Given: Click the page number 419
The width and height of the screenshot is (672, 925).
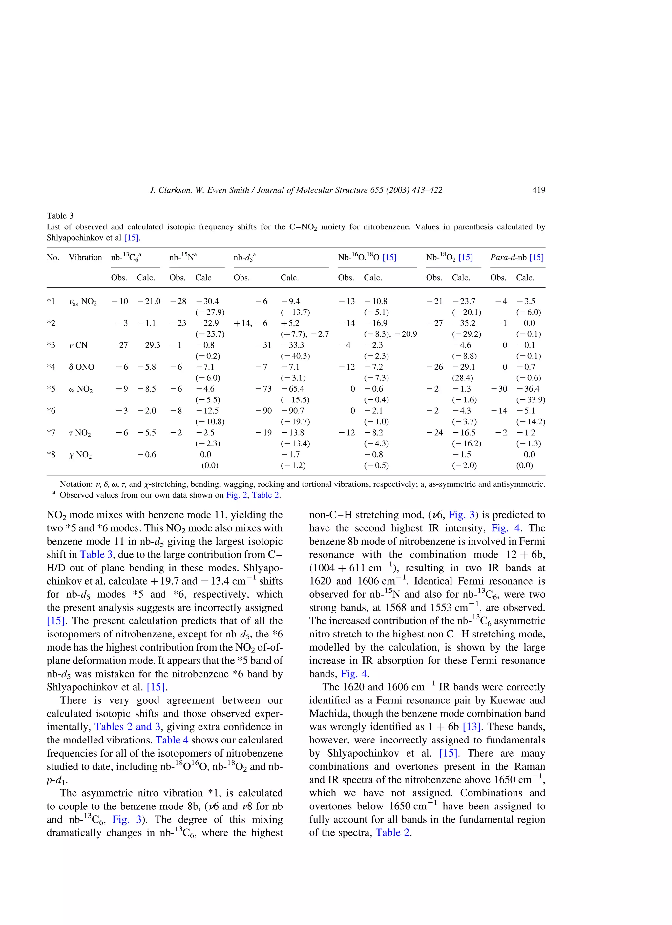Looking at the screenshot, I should pos(538,190).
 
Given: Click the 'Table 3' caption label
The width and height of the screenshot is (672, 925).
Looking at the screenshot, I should pos(60,216).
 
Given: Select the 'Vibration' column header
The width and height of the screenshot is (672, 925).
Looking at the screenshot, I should pos(85,257).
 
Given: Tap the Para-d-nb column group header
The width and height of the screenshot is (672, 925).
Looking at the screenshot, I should pos(517,257).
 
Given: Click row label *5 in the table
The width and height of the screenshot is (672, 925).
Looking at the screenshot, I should pos(51,389).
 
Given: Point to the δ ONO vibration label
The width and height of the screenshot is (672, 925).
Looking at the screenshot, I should pos(82,367).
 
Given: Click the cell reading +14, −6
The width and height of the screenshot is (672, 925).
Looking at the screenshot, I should pos(250,323).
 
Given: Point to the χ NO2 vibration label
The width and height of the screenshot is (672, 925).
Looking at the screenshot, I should pos(80,455).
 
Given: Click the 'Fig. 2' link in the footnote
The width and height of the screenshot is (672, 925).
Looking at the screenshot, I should pos(236,495).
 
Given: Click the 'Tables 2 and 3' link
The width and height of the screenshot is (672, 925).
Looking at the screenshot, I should pos(127,727).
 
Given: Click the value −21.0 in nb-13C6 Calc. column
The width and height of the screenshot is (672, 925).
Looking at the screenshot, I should pos(149,301).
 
